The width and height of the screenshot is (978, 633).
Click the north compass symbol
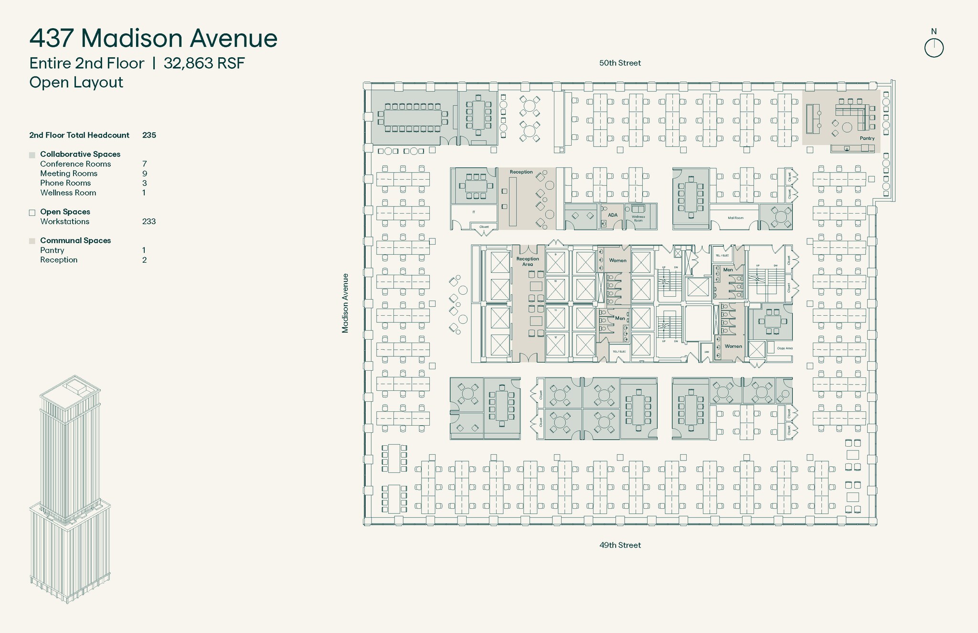(934, 48)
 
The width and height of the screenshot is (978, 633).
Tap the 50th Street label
(620, 63)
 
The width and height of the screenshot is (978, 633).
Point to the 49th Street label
(620, 545)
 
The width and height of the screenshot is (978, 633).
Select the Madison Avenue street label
(345, 303)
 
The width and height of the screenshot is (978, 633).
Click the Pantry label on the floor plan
(867, 139)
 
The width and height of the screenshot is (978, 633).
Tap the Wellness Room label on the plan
(638, 219)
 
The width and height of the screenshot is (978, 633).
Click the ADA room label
(613, 215)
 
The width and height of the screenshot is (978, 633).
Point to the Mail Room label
(735, 218)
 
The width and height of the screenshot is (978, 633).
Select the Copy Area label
(785, 348)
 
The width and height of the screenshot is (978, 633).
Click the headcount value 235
(149, 135)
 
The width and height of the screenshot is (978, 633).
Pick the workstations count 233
(149, 222)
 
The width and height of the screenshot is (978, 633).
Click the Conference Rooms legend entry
(75, 164)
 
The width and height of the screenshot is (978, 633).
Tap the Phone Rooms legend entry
(65, 183)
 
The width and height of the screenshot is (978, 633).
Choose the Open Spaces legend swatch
(32, 213)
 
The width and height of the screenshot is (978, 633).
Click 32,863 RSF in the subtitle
(204, 63)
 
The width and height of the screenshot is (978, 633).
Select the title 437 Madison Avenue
(153, 38)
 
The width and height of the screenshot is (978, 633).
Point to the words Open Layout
(76, 82)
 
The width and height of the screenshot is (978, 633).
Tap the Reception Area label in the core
(527, 261)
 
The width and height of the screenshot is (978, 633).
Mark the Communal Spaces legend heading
(75, 241)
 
